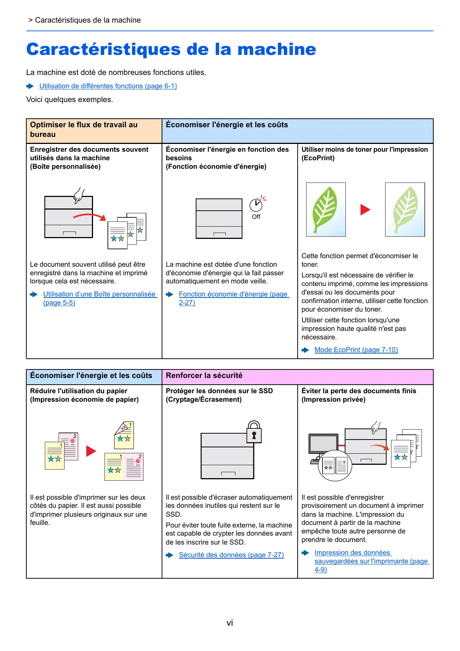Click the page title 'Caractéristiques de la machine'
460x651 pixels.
[x=171, y=49]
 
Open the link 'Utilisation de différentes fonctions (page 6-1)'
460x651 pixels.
[x=108, y=86]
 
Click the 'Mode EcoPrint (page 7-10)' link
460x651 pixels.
[x=356, y=350]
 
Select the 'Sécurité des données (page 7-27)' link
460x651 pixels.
[x=231, y=555]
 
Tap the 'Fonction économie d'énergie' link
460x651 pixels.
[x=233, y=295]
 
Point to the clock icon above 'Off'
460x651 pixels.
[x=256, y=205]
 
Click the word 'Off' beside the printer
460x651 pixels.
[x=256, y=217]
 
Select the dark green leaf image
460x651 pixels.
[x=325, y=210]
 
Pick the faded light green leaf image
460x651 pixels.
[x=405, y=210]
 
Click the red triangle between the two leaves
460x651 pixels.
[x=365, y=210]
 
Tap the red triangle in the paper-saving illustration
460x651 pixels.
[x=91, y=451]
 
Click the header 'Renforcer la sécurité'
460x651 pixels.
[x=204, y=376]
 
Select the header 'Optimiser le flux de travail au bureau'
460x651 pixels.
[x=84, y=130]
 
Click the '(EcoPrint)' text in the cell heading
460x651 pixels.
[x=318, y=158]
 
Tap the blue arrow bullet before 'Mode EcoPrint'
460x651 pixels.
[x=305, y=350]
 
